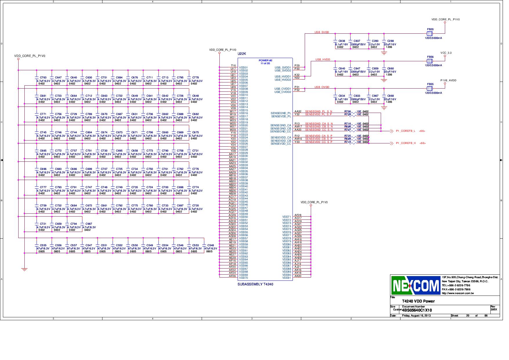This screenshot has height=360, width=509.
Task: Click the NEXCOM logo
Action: [x=416, y=285]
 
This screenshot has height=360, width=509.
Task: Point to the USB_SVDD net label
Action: [x=322, y=32]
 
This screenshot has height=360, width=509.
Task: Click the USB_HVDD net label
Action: [x=322, y=60]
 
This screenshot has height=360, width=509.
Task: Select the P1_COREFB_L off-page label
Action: [x=405, y=131]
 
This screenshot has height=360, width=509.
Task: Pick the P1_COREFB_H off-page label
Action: [x=406, y=143]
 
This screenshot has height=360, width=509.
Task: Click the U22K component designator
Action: [x=242, y=54]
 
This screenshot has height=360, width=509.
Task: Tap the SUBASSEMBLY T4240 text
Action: [x=255, y=284]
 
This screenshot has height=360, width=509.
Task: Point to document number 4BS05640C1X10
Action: [x=416, y=310]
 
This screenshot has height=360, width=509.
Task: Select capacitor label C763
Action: [x=43, y=78]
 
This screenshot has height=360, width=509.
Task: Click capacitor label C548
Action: [x=210, y=245]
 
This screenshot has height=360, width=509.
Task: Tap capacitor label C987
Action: [x=89, y=224]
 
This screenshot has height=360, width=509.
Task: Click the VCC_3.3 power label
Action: [x=446, y=53]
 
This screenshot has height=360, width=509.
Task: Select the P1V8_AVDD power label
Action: [x=448, y=80]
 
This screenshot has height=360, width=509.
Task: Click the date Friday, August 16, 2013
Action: [x=416, y=316]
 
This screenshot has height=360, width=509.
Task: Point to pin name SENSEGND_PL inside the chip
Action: [x=281, y=113]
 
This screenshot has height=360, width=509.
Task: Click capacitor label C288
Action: [x=390, y=41]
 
